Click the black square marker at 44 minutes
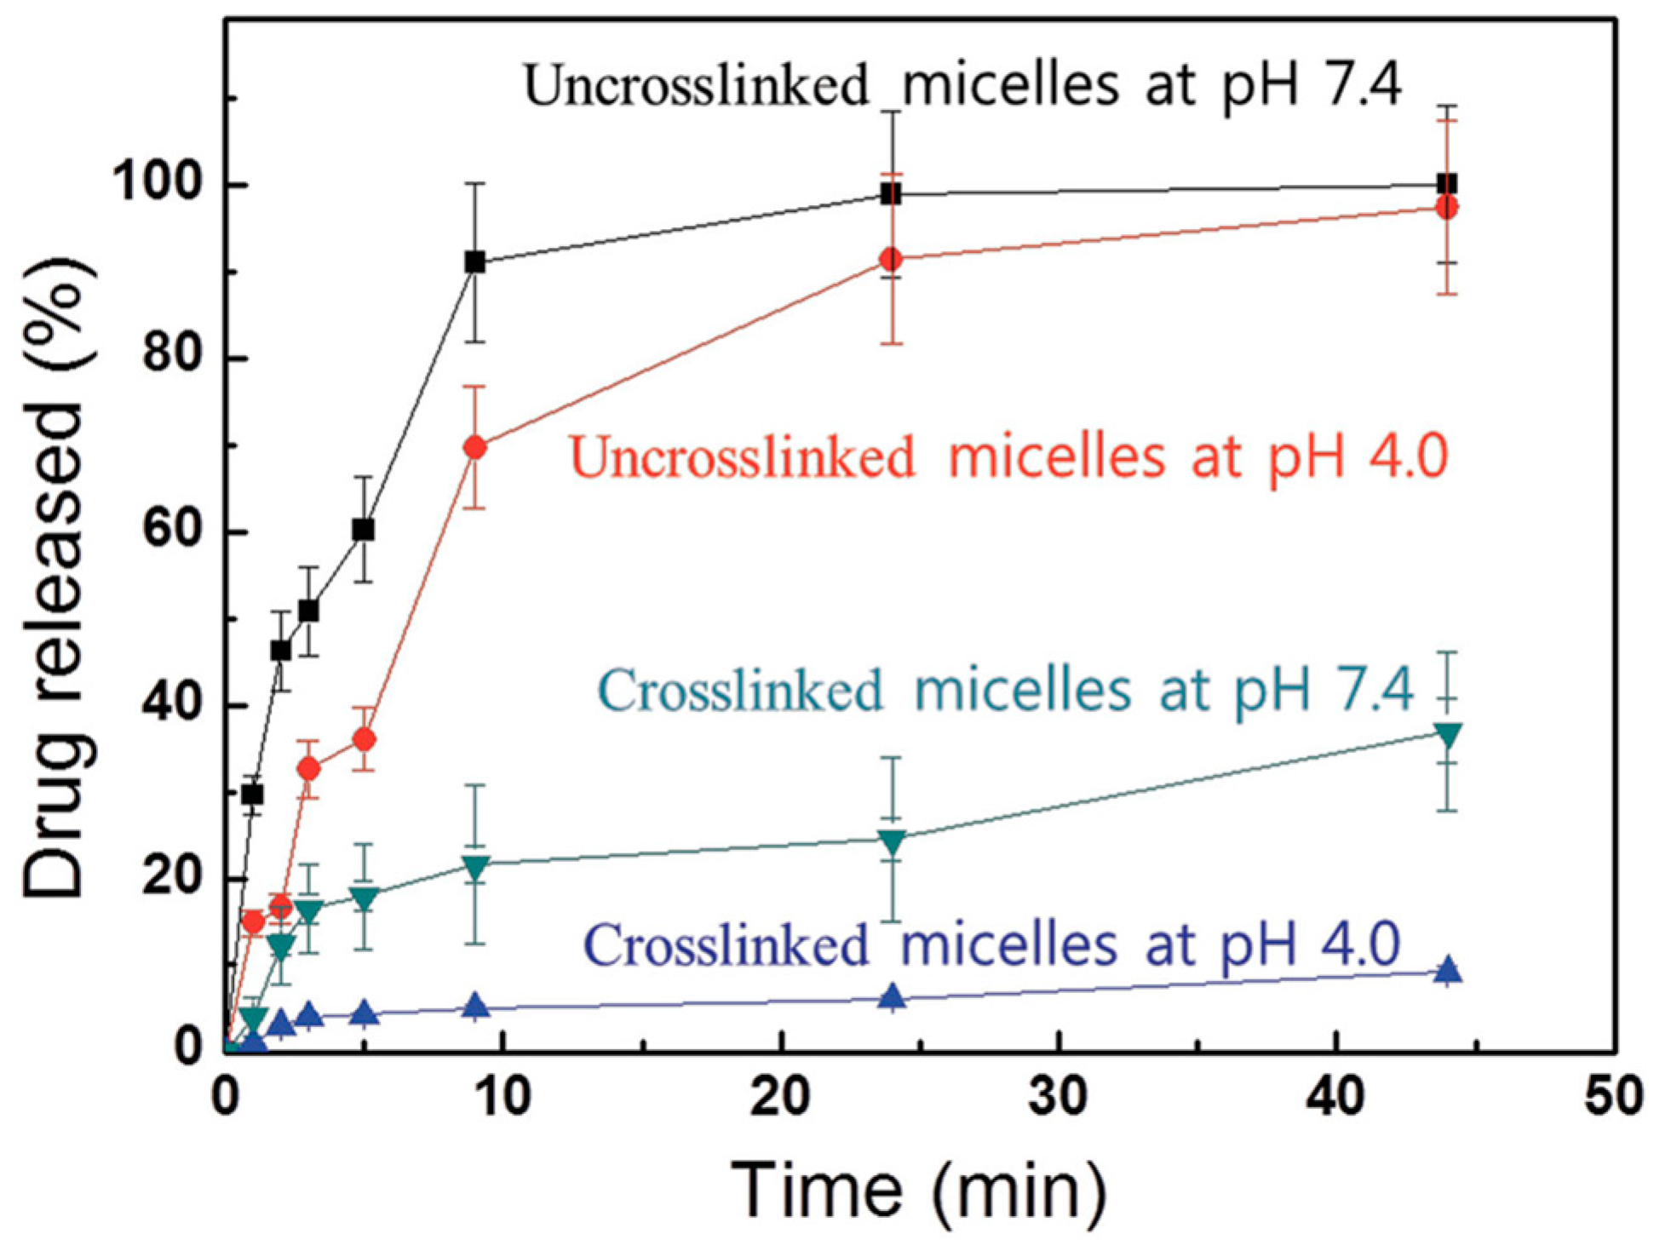1446,183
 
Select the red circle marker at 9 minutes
475,447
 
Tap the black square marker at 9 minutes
475,262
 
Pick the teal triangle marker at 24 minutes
892,841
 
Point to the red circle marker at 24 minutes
892,259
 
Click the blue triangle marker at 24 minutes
892,997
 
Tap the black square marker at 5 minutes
364,530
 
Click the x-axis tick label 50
1612,1096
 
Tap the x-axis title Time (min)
920,1190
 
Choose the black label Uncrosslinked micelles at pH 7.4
962,85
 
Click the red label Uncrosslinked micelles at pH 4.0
1009,457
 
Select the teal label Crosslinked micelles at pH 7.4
1005,689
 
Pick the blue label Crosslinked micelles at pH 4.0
992,944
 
